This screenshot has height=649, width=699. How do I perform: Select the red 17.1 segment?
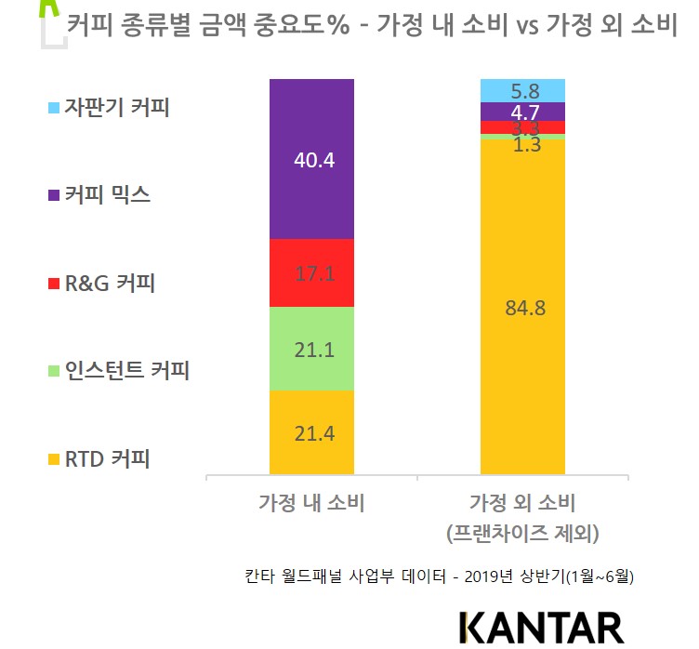click(x=311, y=272)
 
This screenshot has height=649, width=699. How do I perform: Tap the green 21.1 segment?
click(x=311, y=348)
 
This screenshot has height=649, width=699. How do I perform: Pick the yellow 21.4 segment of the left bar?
click(x=311, y=432)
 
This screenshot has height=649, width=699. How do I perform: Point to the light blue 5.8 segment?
click(x=522, y=90)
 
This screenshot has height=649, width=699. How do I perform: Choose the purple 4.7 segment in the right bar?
click(x=522, y=112)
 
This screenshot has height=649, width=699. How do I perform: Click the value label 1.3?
click(x=522, y=144)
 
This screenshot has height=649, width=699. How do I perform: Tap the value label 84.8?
click(x=522, y=308)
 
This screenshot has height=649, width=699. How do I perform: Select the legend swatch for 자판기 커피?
click(x=52, y=107)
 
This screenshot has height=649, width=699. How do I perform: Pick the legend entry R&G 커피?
click(x=109, y=283)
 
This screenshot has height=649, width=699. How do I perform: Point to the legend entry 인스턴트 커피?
click(x=126, y=371)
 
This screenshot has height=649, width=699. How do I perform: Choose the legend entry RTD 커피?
click(x=107, y=458)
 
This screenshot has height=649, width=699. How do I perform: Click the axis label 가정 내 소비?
click(x=311, y=504)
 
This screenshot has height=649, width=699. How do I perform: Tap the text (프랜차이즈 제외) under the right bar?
click(x=522, y=534)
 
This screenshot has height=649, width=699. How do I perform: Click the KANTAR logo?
click(x=541, y=626)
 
